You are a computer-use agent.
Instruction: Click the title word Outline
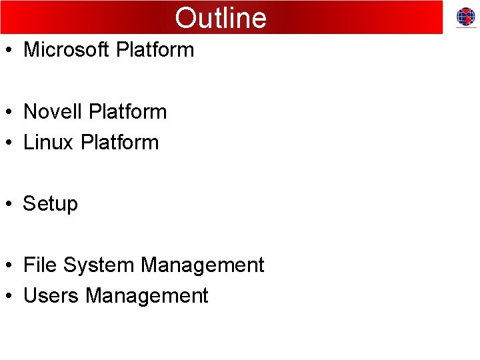click(x=221, y=18)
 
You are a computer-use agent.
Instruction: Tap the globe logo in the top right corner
click(x=465, y=17)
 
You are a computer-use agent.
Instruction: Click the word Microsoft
click(x=67, y=50)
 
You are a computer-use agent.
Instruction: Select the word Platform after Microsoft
click(x=155, y=50)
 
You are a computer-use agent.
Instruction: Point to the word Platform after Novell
click(x=127, y=111)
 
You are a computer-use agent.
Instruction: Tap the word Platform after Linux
click(x=119, y=142)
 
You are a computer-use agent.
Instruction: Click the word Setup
click(x=51, y=204)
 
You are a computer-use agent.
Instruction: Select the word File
click(x=41, y=265)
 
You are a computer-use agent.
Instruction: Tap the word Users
click(x=51, y=295)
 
